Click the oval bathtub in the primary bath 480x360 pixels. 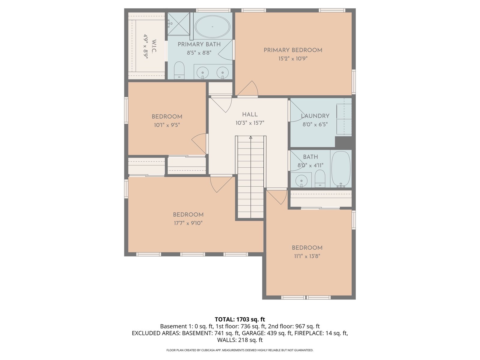212,27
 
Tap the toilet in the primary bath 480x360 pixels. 179,70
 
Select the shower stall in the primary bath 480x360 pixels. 179,24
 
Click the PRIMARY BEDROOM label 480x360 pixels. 293,50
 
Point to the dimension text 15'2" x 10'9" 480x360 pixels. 293,58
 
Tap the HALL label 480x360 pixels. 250,114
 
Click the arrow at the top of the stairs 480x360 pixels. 250,137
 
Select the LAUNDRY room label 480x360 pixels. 315,116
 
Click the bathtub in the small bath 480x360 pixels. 341,169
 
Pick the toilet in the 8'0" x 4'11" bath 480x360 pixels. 320,178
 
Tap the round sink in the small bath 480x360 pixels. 301,181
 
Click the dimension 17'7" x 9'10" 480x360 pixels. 188,223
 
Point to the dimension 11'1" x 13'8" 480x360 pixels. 307,256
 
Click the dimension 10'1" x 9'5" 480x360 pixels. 167,125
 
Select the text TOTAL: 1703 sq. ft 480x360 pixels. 240,319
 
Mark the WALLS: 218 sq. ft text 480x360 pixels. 240,340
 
